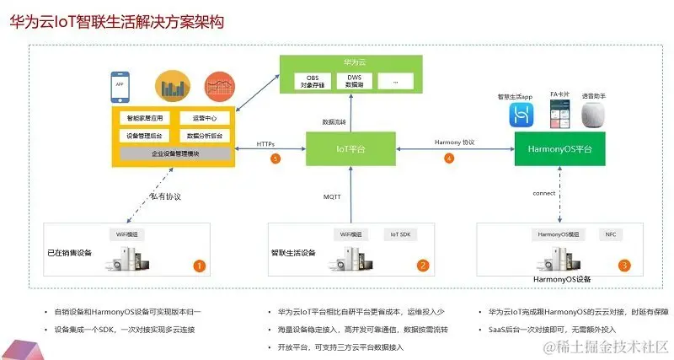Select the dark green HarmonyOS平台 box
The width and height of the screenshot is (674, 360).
561,148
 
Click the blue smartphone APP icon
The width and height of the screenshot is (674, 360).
119,85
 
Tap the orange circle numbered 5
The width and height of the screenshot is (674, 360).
275,159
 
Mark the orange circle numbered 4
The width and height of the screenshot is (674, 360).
450,159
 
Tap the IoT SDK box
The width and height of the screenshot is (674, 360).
399,234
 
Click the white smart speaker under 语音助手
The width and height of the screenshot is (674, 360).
597,116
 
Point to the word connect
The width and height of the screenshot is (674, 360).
544,193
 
